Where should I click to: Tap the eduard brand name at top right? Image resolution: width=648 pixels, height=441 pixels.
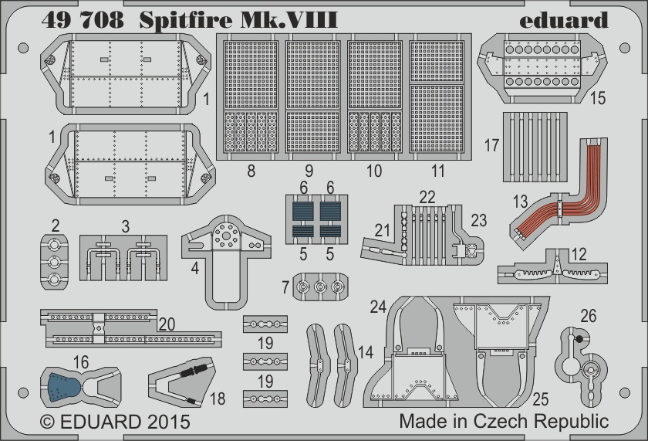(564, 20)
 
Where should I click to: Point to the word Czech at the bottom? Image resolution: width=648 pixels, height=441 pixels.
(501, 421)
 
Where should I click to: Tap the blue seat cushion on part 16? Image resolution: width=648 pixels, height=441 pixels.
(65, 388)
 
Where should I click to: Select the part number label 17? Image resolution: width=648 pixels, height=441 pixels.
(492, 145)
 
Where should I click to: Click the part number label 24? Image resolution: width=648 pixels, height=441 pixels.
(378, 307)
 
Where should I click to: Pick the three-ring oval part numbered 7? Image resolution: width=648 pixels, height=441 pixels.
(320, 287)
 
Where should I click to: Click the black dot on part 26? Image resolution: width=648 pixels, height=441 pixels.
(579, 339)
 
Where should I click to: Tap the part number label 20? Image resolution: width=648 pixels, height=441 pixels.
(167, 324)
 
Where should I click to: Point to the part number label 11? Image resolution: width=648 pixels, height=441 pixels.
(438, 171)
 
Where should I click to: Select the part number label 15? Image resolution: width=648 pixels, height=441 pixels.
(598, 98)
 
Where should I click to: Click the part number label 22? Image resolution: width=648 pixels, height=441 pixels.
(427, 197)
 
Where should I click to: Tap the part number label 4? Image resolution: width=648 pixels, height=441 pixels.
(195, 269)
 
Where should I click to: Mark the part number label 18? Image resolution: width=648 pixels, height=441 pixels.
(218, 399)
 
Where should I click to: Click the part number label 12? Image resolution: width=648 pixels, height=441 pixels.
(579, 254)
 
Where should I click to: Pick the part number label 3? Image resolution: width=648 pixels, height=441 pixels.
(126, 226)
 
